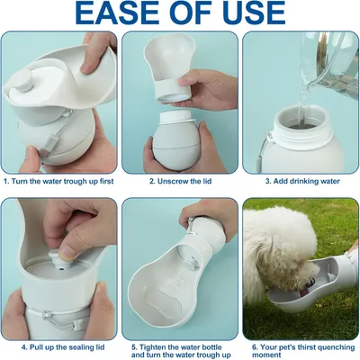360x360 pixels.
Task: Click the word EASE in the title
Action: point(118,13)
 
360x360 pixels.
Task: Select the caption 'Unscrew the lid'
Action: point(184,181)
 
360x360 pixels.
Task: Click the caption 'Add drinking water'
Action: point(303,181)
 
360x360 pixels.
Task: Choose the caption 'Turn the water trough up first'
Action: point(60,181)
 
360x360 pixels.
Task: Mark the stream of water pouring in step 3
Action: point(303,103)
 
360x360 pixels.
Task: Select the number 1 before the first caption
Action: point(6,181)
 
